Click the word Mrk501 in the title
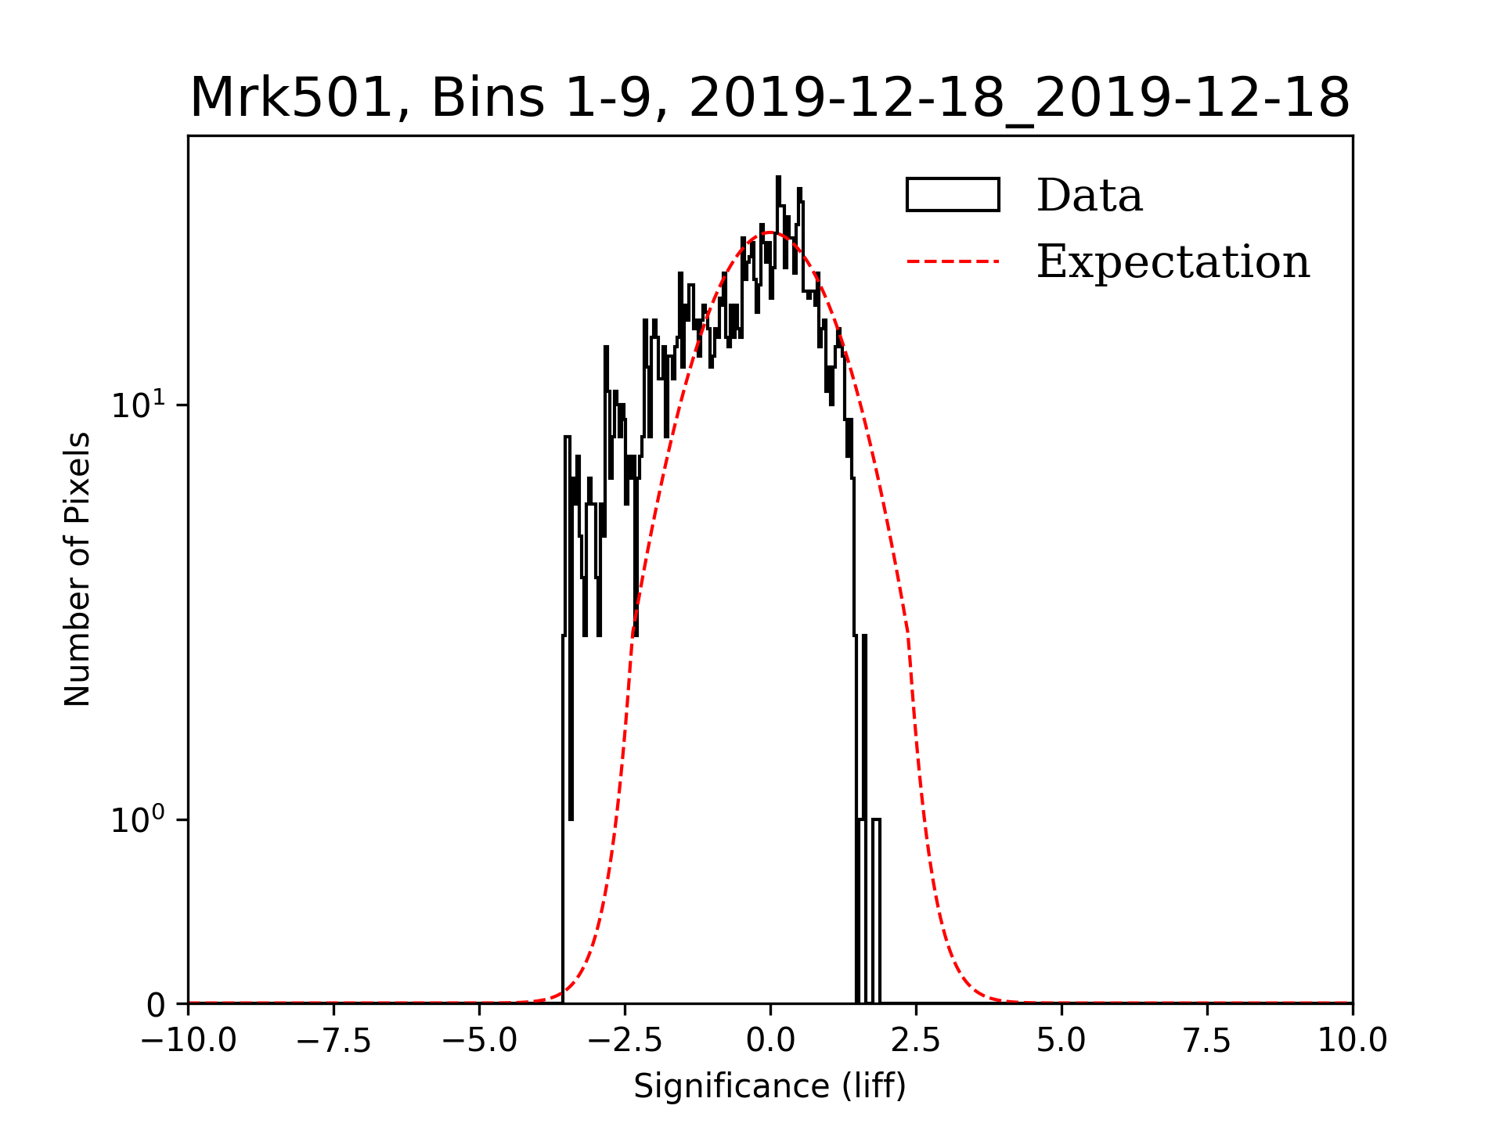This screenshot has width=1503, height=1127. point(290,99)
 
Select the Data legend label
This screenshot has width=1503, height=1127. point(1089,196)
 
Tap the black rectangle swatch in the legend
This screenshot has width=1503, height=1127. point(953,195)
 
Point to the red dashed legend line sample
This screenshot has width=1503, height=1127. point(953,261)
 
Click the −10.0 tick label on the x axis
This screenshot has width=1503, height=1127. point(189,1041)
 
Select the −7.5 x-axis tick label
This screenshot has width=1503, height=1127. point(334,1041)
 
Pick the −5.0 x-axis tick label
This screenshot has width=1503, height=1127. point(480,1041)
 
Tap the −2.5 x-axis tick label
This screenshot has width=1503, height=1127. point(625,1041)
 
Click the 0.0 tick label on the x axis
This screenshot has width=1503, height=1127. point(770,1041)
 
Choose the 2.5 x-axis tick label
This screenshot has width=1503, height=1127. point(916,1041)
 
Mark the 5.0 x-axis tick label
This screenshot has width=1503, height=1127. point(1061,1041)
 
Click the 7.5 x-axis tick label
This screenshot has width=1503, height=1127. point(1207,1041)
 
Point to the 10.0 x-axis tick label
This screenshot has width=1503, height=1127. point(1353,1041)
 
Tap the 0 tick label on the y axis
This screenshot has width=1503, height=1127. point(156,1006)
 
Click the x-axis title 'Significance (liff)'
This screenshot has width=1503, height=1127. point(770,1087)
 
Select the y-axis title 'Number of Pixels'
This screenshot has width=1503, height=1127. point(77,569)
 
